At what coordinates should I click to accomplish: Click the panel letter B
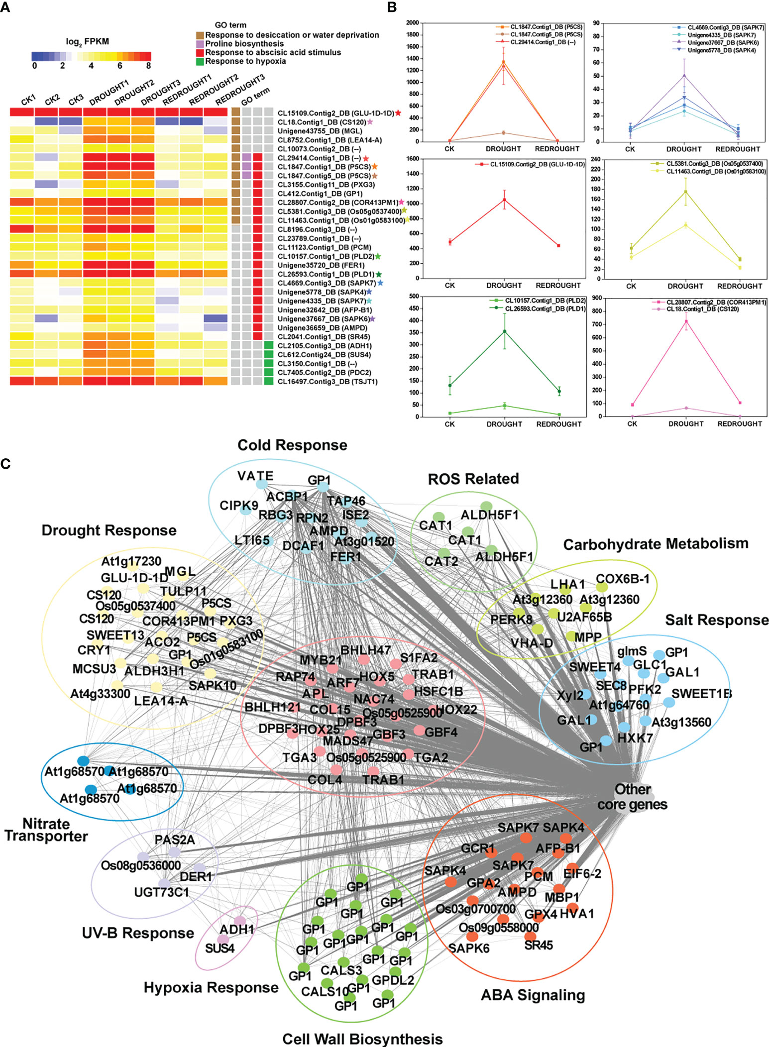click(x=392, y=7)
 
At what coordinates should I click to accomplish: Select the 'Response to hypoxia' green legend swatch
click(x=200, y=62)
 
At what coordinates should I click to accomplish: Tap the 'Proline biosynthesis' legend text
click(x=244, y=44)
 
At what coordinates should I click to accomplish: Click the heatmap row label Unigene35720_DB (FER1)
click(x=321, y=265)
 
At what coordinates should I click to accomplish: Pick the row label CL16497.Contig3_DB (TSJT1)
click(x=328, y=382)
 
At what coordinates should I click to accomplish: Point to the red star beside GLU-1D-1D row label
click(x=398, y=113)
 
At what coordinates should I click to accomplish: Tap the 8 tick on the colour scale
click(x=148, y=66)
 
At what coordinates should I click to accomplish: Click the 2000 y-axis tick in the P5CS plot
click(x=412, y=23)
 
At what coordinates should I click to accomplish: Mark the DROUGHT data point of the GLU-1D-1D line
click(x=504, y=200)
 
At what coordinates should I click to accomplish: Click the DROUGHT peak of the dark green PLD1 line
click(x=504, y=331)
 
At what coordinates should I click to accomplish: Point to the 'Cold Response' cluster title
click(x=292, y=445)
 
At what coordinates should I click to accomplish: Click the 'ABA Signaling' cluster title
click(x=533, y=995)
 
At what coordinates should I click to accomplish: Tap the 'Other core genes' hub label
click(x=632, y=797)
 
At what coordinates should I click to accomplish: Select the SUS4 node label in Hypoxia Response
click(x=220, y=948)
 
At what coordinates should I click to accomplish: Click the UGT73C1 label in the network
click(x=161, y=892)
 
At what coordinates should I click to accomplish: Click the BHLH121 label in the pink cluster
click(x=272, y=707)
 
